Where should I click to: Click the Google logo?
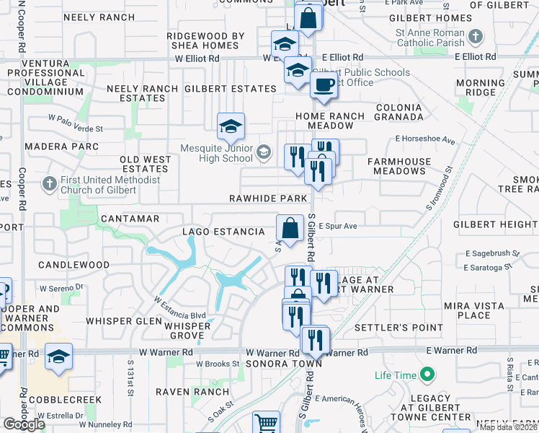pos(24,424)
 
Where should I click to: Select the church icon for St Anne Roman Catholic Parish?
pos(476,35)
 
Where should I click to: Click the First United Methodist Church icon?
pos(49,184)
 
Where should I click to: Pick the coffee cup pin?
pos(324,85)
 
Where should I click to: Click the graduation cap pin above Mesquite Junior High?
pos(231,127)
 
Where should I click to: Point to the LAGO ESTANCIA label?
pos(223,232)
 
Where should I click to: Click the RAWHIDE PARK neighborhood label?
pos(268,198)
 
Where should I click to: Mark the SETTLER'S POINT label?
pos(398,328)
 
